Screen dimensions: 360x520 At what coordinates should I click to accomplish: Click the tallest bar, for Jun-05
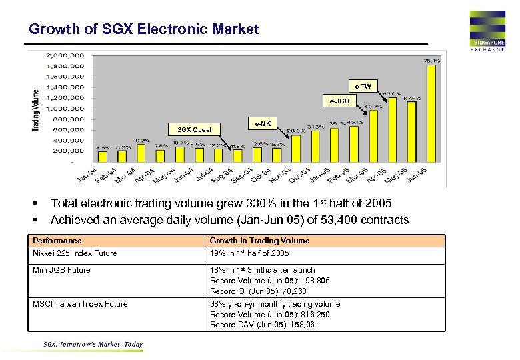[x=431, y=113]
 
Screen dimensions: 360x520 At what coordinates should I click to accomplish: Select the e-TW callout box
[x=363, y=87]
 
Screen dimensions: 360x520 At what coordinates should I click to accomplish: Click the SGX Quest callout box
[x=194, y=129]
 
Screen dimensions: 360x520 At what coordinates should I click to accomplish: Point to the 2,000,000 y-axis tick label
[x=65, y=55]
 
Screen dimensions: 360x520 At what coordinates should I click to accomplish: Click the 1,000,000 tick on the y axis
[x=65, y=108]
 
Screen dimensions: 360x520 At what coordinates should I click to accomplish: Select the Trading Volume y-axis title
[x=36, y=110]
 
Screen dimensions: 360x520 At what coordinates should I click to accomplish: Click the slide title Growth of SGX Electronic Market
[x=143, y=29]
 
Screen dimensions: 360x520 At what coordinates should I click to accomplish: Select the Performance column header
[x=57, y=241]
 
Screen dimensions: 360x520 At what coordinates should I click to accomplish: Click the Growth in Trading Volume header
[x=259, y=241]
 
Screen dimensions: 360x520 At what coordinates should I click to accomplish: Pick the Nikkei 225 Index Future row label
[x=75, y=253]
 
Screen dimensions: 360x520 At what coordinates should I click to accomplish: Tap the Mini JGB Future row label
[x=61, y=270]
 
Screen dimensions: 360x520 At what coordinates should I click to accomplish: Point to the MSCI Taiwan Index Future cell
[x=80, y=304]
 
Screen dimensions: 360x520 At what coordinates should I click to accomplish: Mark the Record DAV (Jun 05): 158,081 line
[x=264, y=325]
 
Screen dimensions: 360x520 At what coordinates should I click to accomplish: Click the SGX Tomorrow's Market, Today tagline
[x=93, y=345]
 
